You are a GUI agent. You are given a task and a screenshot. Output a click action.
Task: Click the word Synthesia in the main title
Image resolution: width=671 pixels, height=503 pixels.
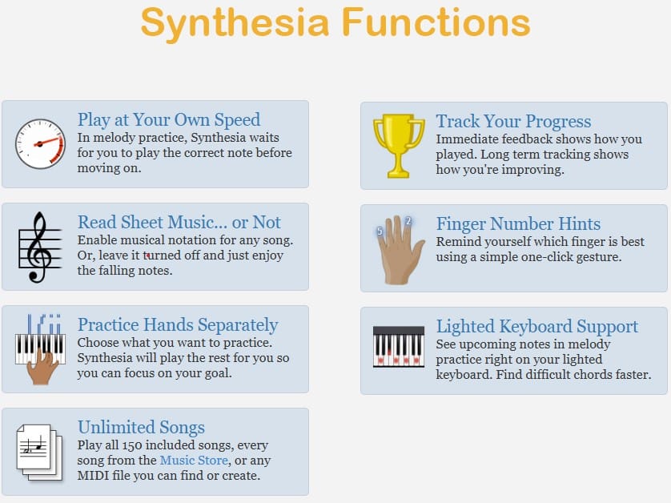click(235, 24)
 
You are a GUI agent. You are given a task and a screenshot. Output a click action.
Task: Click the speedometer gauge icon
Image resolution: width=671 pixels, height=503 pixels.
click(40, 144)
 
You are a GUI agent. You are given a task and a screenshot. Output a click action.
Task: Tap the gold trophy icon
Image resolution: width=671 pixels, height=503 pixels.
click(399, 146)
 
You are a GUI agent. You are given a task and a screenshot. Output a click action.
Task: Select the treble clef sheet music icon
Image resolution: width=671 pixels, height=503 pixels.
click(40, 247)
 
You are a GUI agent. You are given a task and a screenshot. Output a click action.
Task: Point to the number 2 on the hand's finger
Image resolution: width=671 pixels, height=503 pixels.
click(408, 221)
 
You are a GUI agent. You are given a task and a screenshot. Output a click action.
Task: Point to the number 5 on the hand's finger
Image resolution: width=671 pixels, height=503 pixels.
click(380, 231)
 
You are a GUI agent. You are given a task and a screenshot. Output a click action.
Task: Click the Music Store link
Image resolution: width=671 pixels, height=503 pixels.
click(194, 461)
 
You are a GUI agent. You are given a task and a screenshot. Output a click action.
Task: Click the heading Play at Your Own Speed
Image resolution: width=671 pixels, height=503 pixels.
click(169, 120)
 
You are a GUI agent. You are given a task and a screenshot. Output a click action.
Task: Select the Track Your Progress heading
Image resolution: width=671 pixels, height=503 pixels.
click(513, 122)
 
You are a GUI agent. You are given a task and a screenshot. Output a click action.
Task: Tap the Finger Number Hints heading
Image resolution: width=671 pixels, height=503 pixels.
click(518, 224)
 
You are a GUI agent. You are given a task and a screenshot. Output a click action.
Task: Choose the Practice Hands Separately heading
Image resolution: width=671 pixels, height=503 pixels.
click(178, 325)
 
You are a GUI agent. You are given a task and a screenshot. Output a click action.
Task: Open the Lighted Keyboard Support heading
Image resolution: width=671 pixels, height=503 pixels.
click(537, 327)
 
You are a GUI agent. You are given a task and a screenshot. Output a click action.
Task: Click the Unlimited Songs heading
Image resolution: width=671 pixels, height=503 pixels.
click(141, 427)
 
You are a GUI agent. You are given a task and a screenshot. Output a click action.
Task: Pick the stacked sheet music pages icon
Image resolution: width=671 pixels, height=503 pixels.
click(39, 452)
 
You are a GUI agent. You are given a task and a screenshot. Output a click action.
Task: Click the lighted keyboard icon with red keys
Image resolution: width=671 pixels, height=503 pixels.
click(399, 346)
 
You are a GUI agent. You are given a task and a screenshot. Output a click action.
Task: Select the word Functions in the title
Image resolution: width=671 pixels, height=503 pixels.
click(436, 22)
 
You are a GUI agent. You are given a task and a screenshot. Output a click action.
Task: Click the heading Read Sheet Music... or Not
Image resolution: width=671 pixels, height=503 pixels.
click(179, 223)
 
